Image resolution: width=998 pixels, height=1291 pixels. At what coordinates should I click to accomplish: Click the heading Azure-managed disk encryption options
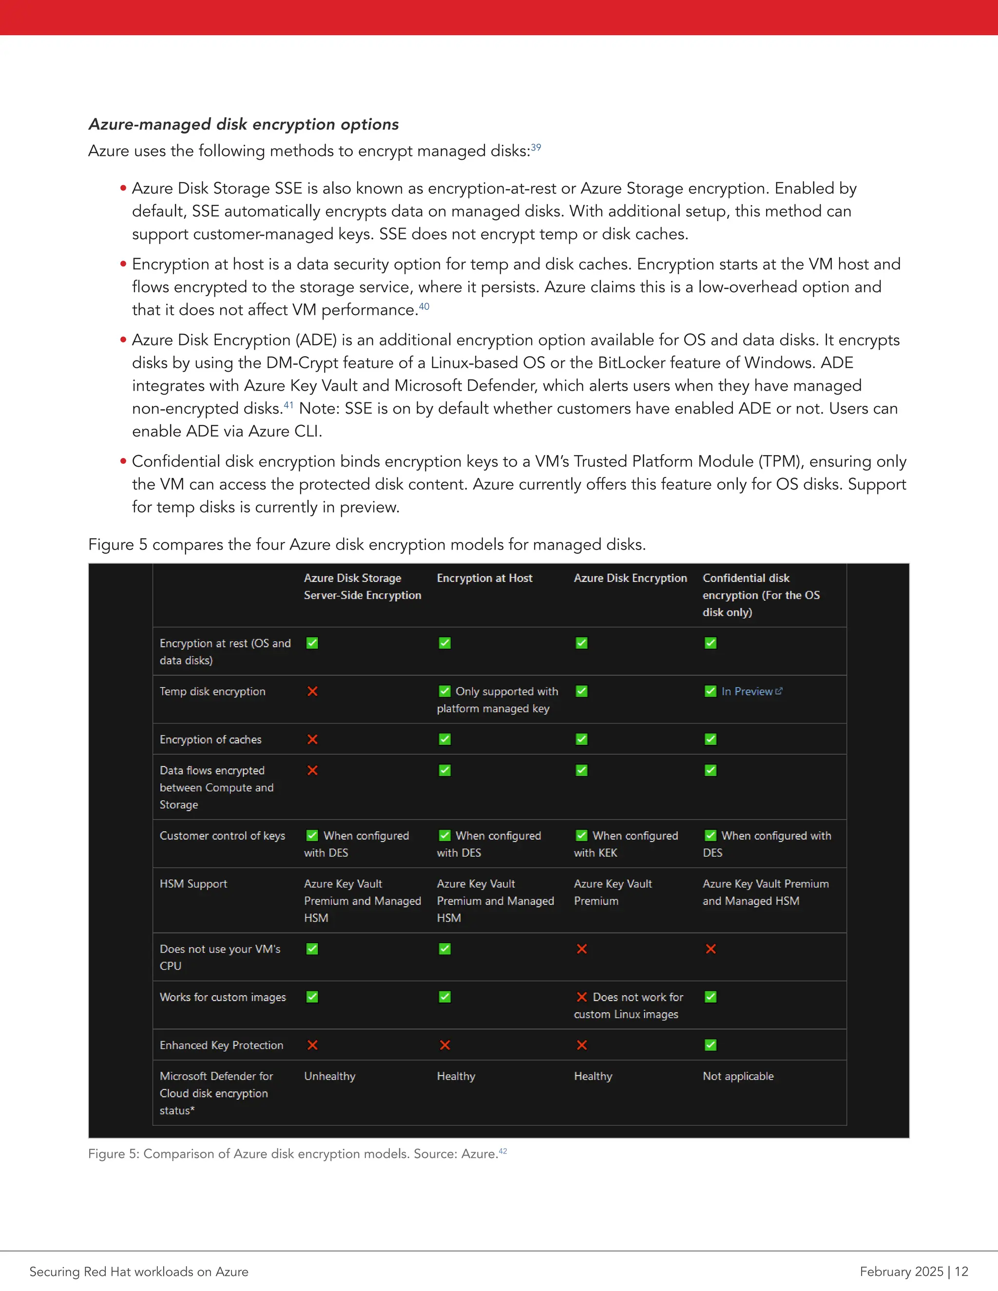pyautogui.click(x=243, y=124)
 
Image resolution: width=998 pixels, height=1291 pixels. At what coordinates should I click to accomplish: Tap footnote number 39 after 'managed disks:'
pyautogui.click(x=536, y=147)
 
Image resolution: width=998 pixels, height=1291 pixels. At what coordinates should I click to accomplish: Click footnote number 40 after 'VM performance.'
pyautogui.click(x=424, y=306)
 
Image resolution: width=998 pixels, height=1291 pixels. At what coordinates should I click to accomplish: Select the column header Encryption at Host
pyautogui.click(x=484, y=578)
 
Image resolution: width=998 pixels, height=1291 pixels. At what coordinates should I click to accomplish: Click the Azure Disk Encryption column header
pyautogui.click(x=630, y=578)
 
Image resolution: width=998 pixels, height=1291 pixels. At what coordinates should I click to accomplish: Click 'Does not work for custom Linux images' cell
pyautogui.click(x=629, y=1006)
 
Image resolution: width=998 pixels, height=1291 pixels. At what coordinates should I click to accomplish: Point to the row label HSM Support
pyautogui.click(x=193, y=884)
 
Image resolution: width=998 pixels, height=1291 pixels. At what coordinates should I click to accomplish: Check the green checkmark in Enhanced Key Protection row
pyautogui.click(x=710, y=1045)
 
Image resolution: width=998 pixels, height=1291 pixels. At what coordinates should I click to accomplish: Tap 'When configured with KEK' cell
pyautogui.click(x=626, y=844)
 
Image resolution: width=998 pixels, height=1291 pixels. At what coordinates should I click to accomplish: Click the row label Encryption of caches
pyautogui.click(x=211, y=740)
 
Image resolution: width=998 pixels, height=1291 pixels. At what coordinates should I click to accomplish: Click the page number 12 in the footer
pyautogui.click(x=961, y=1272)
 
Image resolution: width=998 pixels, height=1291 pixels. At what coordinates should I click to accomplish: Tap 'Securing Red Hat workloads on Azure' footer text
pyautogui.click(x=139, y=1272)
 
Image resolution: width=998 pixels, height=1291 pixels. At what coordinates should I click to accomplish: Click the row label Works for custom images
pyautogui.click(x=222, y=997)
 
